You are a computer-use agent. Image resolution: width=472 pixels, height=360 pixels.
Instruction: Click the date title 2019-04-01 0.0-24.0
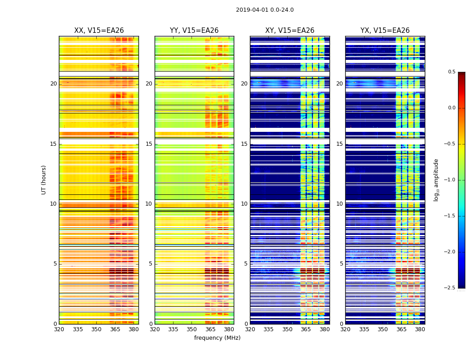(x=265, y=10)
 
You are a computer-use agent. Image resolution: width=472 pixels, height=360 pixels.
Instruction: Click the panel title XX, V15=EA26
(x=99, y=31)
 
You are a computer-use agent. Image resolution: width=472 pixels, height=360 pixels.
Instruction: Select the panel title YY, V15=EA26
(x=194, y=31)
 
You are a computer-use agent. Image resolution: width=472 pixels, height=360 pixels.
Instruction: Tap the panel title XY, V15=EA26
(x=289, y=31)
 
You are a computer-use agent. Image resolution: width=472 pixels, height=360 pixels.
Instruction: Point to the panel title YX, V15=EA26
(x=385, y=31)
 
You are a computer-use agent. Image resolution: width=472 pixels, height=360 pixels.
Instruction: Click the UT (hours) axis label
(x=44, y=180)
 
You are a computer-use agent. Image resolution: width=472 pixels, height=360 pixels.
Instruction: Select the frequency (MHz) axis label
(x=217, y=338)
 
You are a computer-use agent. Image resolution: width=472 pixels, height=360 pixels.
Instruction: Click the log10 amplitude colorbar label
(x=436, y=180)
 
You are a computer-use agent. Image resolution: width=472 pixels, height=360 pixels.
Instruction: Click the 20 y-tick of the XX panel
(x=53, y=84)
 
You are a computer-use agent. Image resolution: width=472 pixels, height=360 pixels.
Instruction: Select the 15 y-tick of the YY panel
(x=149, y=144)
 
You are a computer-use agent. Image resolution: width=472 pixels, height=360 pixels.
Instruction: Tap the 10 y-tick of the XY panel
(x=244, y=204)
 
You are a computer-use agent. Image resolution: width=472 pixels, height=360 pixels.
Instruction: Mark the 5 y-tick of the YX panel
(x=341, y=264)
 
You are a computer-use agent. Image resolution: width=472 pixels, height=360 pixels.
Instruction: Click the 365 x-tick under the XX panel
(x=115, y=329)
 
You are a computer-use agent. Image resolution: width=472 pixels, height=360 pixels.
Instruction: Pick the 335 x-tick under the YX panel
(x=364, y=329)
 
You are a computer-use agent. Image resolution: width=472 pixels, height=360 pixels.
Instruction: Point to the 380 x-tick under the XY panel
(x=325, y=329)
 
